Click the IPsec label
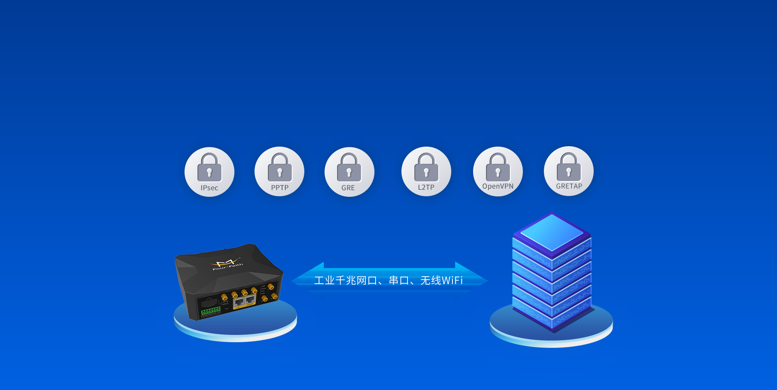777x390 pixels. point(209,188)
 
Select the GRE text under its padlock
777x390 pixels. point(348,188)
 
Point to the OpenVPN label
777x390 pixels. point(498,186)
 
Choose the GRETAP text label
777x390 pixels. point(569,186)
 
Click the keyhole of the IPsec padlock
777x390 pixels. point(210,173)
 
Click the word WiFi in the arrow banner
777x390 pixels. point(452,280)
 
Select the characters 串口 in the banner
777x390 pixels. point(399,280)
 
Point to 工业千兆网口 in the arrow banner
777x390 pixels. point(346,280)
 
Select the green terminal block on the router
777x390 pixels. point(211,311)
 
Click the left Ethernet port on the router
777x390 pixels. point(239,302)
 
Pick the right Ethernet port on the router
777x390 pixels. point(250,300)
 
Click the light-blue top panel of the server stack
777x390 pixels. point(552,232)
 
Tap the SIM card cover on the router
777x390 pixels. point(209,302)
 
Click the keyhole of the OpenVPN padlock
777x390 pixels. point(498,173)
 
